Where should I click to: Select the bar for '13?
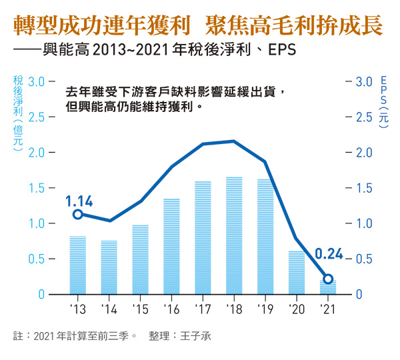(78, 265)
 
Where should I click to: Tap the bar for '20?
(296, 273)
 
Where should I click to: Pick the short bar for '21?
(327, 287)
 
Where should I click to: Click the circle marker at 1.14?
(77, 214)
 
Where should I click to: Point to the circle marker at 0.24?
(327, 279)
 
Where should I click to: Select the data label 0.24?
(328, 254)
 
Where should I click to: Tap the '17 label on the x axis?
(203, 309)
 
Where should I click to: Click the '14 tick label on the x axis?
(109, 309)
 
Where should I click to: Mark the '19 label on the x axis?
(265, 309)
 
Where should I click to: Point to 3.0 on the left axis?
(37, 81)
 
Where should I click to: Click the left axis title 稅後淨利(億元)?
(18, 115)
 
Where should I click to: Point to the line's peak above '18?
(234, 141)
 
